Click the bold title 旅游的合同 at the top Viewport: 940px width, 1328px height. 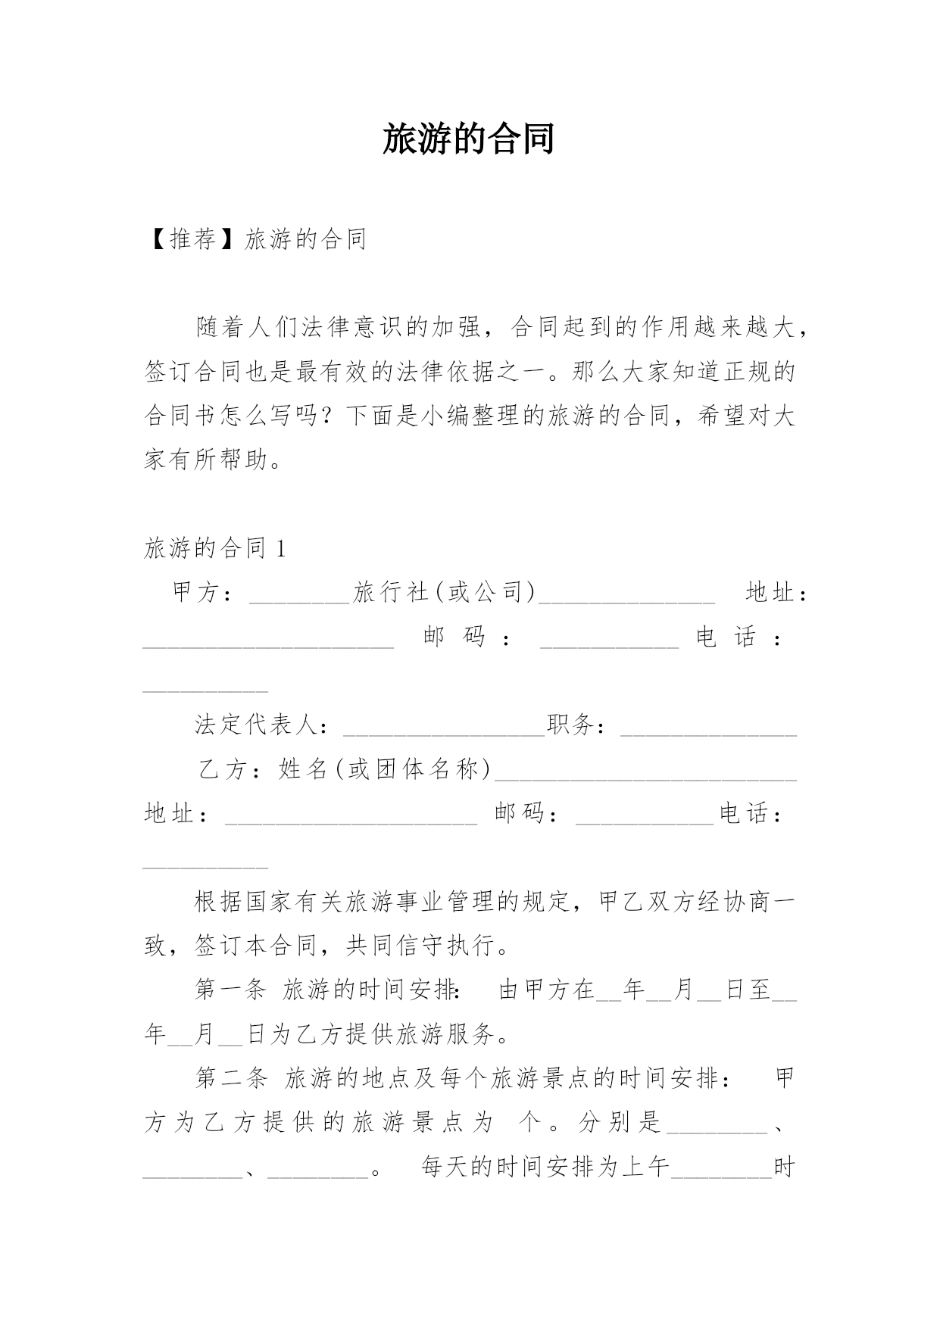(469, 139)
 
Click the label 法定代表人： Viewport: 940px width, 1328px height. (262, 725)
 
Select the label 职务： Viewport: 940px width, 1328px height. (576, 725)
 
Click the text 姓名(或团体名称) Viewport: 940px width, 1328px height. (385, 769)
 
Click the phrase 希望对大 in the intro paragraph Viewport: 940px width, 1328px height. (745, 416)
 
